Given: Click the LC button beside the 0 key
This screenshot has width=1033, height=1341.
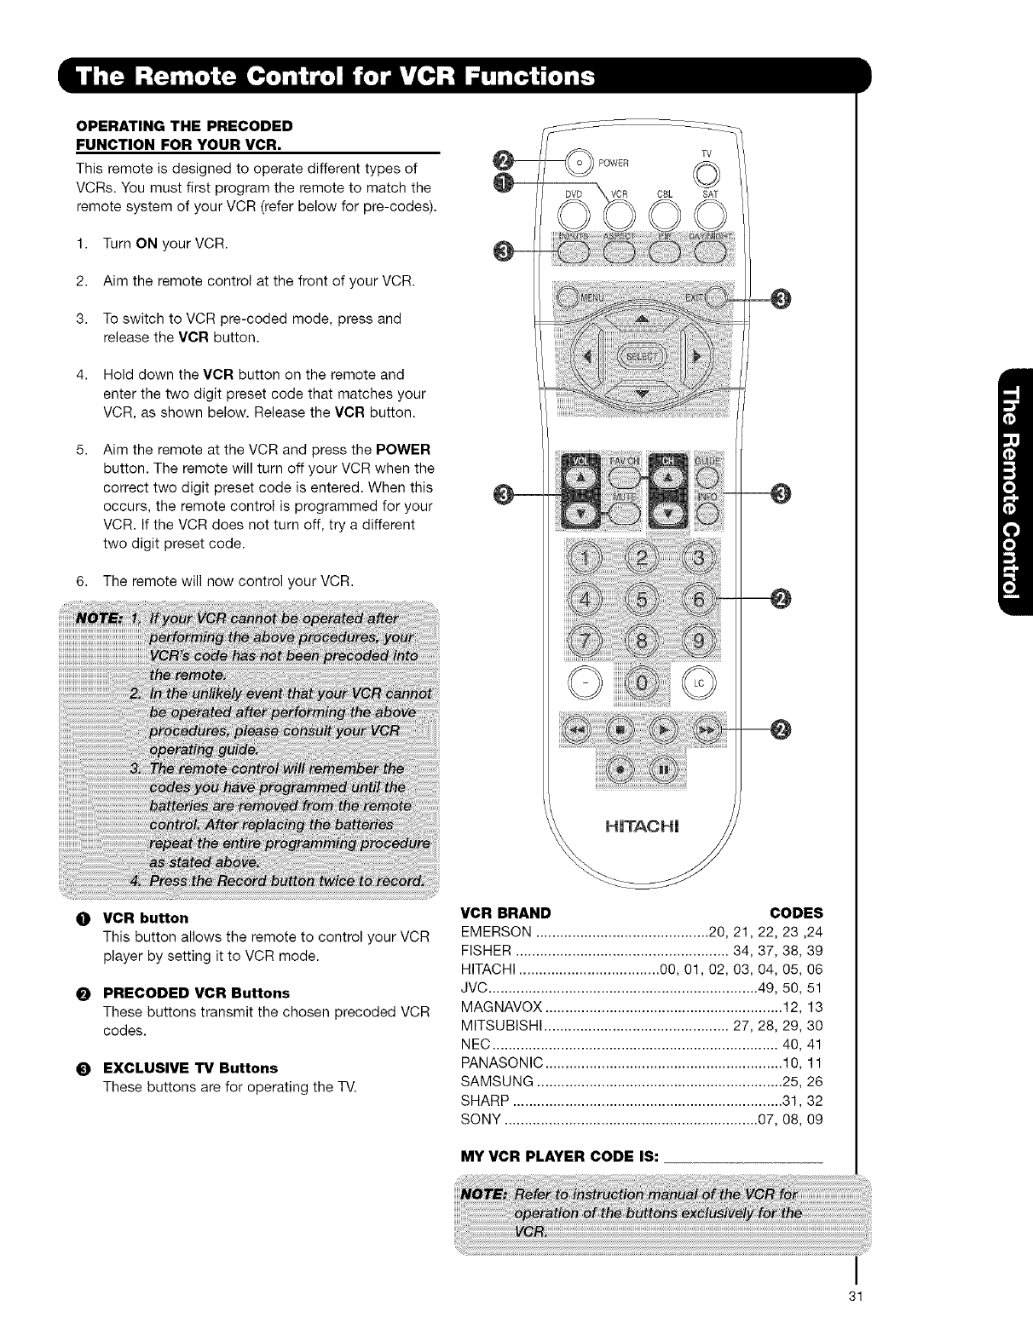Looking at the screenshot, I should [704, 682].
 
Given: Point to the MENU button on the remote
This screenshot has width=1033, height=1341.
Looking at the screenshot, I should [568, 297].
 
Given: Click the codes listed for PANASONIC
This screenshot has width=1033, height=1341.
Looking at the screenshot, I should [802, 1063].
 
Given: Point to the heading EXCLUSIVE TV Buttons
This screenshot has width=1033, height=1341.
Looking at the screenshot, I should [190, 1068].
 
